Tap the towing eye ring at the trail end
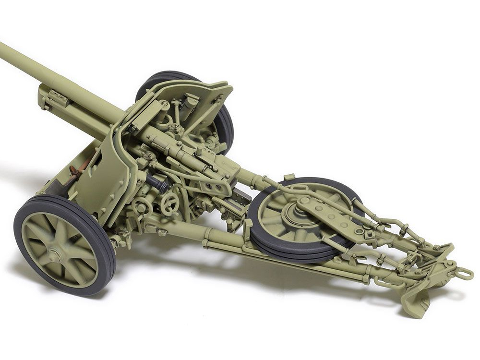point(465,274)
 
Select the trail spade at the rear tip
point(417,302)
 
